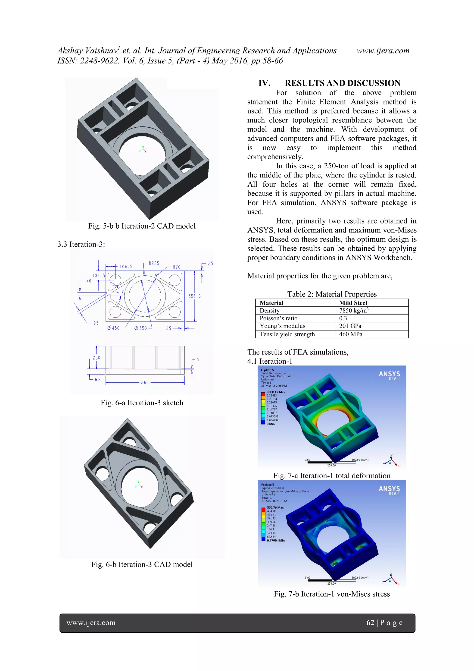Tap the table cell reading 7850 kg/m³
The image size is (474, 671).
coord(354,311)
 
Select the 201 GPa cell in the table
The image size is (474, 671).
coord(350,326)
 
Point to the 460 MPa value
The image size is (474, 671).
coord(350,334)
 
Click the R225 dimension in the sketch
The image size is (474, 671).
coord(154,263)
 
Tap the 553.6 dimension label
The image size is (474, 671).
coord(194,296)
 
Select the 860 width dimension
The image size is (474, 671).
coord(145,383)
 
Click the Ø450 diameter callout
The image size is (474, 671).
coord(113,328)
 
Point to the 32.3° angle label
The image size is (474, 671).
coord(120,292)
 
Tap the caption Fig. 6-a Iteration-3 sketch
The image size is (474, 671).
coord(142,403)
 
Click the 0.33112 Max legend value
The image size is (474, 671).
coord(275,392)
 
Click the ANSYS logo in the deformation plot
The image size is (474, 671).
coord(389,374)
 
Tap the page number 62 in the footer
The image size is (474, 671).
coord(370,623)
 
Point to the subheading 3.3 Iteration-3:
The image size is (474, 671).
coord(81,244)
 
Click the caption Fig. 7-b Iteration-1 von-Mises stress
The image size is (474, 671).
coord(332,594)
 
